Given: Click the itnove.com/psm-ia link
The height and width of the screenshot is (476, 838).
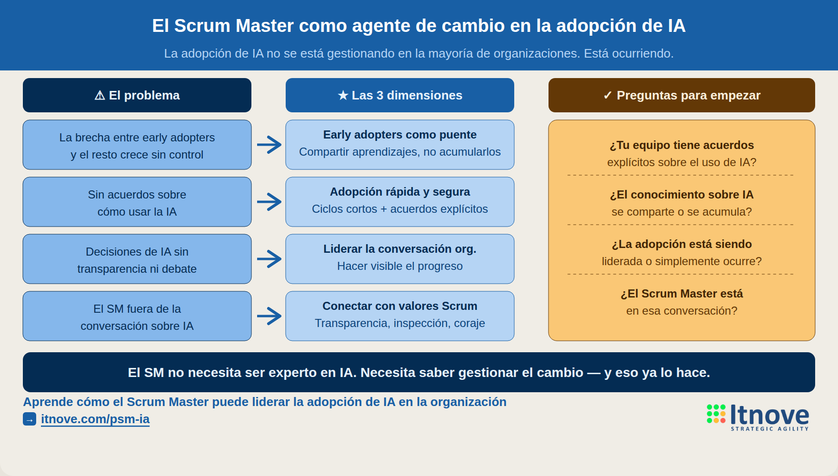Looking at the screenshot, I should (95, 419).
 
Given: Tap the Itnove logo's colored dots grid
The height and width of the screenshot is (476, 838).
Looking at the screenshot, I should (716, 414).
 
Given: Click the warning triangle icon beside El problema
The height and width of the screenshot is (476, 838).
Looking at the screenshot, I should (100, 96).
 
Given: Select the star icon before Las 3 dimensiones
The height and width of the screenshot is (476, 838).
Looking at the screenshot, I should (343, 96).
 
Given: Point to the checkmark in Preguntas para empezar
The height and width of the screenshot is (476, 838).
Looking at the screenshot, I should (607, 96).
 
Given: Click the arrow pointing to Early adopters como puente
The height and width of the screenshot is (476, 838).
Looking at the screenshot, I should (269, 145).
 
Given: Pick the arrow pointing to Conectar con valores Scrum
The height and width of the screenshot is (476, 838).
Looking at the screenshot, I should (269, 316).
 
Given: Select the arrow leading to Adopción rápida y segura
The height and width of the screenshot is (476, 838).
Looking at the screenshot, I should (269, 202).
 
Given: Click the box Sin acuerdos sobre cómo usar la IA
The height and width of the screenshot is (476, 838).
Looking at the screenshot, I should (137, 202).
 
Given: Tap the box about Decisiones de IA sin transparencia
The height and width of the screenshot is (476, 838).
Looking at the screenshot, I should (137, 259).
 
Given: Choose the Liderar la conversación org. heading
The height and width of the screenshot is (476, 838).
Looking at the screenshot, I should (399, 249).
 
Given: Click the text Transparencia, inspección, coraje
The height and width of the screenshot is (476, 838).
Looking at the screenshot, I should (399, 323).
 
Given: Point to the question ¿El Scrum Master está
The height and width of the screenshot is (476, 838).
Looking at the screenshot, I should (681, 294).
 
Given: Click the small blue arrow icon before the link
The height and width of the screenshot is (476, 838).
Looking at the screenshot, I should (30, 419).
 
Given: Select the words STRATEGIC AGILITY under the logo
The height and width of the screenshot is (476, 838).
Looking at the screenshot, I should (769, 429).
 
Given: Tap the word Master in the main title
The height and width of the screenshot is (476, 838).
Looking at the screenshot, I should (264, 26).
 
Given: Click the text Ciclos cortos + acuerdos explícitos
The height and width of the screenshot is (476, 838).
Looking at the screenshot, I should (399, 209).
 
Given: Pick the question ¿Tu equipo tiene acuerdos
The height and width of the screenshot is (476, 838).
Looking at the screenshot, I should (681, 145).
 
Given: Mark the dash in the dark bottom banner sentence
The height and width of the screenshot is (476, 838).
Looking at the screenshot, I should (593, 373).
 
